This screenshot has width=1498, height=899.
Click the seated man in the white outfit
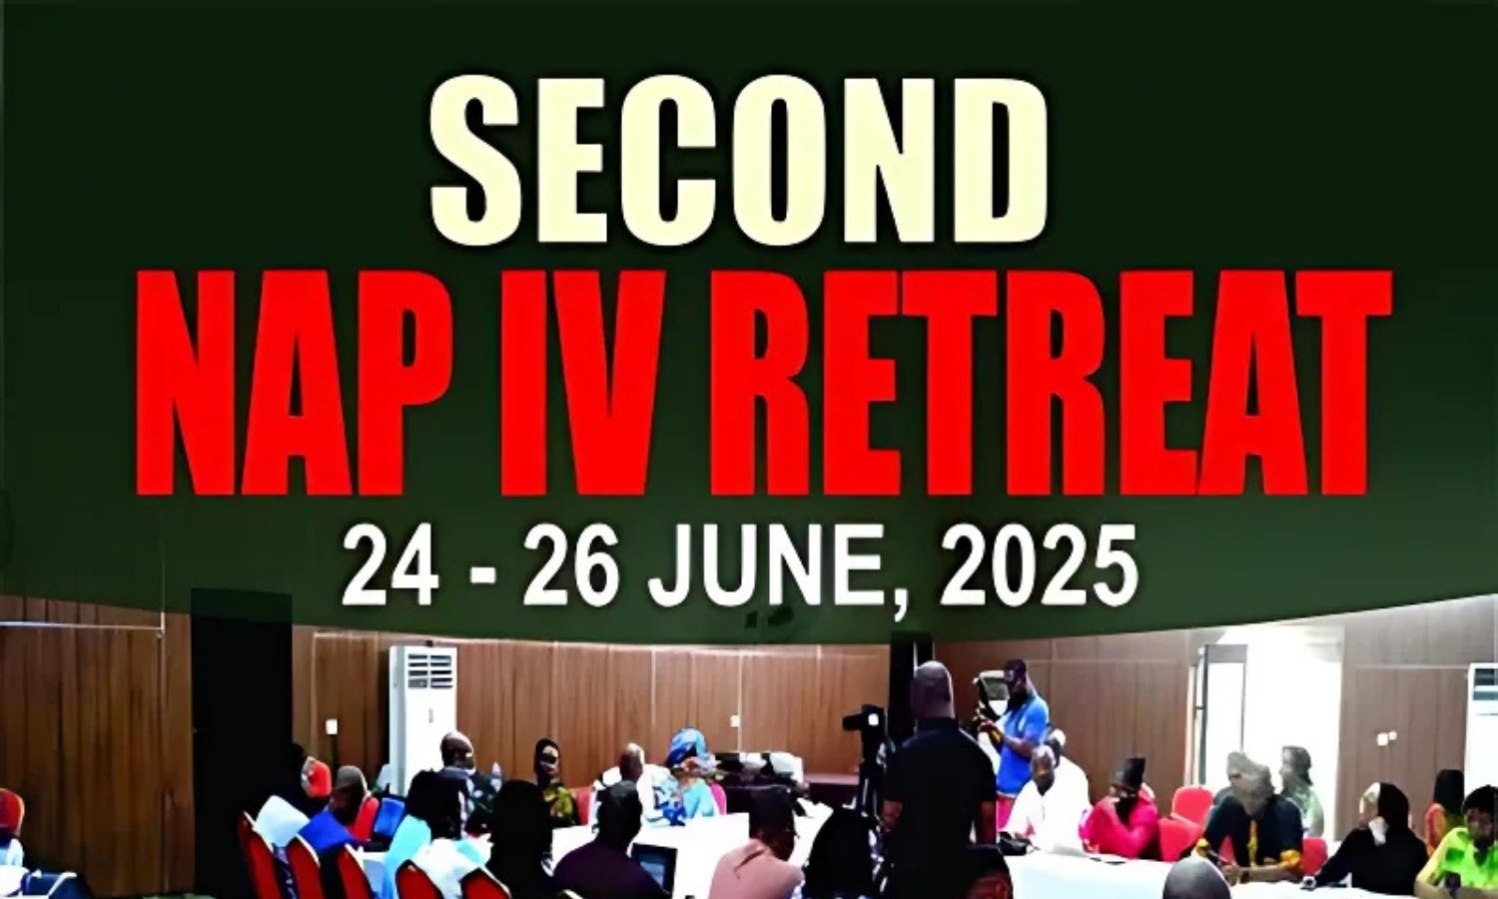coord(1044,803)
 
